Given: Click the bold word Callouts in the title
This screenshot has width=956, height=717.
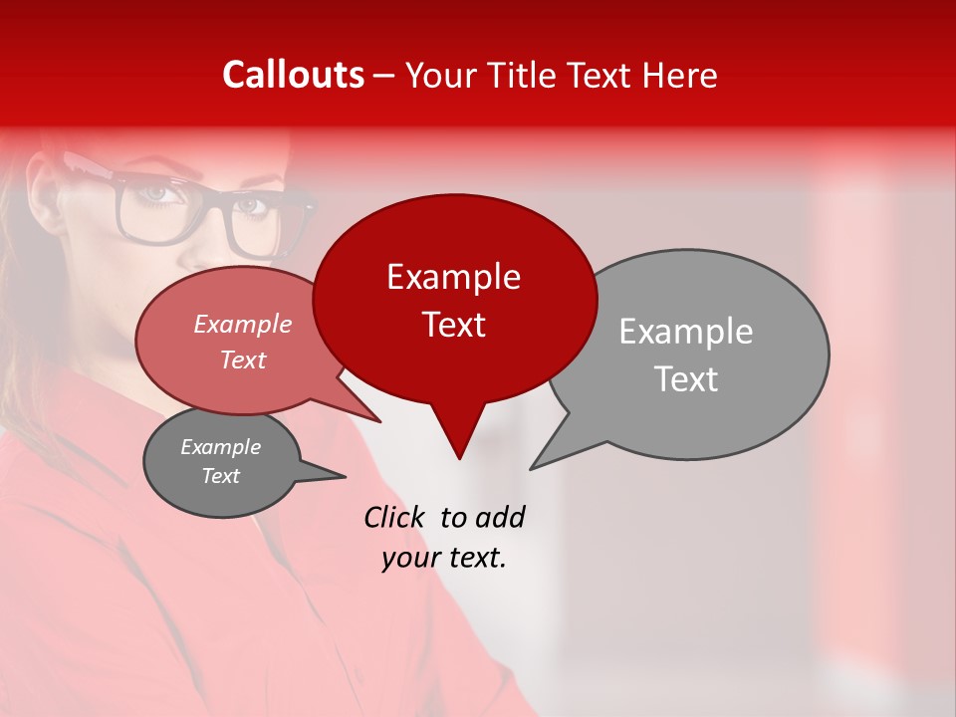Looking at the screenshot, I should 294,75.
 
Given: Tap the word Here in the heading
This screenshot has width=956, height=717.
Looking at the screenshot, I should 680,75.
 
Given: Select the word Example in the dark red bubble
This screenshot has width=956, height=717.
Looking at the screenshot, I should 453,277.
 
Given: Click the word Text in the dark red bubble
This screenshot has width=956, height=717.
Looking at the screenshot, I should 453,325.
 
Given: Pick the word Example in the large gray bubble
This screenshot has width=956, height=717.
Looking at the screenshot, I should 685,332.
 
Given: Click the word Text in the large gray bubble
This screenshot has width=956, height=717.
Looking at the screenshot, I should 686,379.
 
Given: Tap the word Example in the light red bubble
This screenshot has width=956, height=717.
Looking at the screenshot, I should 243,324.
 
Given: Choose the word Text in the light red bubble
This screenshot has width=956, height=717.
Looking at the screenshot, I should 243,359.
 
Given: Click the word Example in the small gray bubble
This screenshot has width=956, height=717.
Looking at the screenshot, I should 220,447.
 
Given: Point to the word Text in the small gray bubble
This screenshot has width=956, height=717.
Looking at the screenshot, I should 220,476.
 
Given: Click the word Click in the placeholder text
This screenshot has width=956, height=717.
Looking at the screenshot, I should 393,517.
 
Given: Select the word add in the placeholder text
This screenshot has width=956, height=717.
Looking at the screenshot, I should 500,517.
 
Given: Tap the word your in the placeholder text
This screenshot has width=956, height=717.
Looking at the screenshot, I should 409,558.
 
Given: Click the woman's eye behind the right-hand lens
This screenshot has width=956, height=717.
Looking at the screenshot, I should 251,206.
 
